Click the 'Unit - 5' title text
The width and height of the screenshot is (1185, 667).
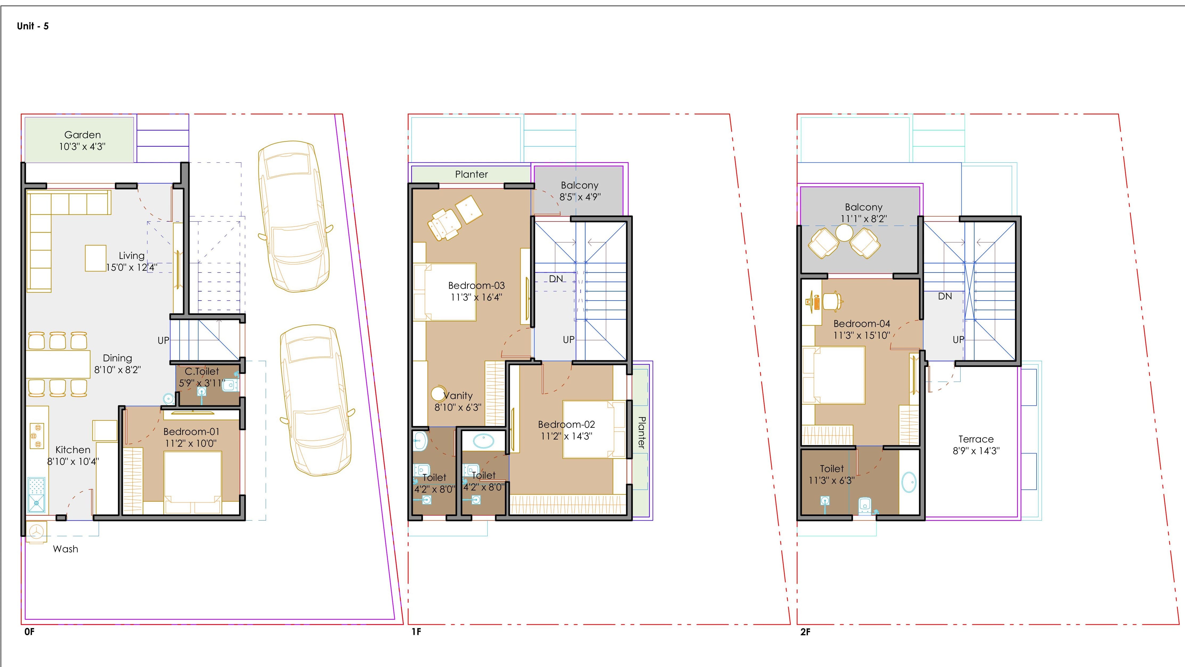[33, 26]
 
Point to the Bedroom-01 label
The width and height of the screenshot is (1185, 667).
[191, 432]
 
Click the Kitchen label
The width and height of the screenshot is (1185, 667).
[73, 450]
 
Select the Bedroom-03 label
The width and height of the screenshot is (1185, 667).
[476, 285]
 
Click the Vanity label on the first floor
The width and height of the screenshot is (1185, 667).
[458, 396]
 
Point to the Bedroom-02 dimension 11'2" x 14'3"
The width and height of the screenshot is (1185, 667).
[566, 436]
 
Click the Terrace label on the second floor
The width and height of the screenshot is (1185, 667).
[976, 439]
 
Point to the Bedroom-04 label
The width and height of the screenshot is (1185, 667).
[862, 323]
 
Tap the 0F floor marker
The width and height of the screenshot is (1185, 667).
[29, 632]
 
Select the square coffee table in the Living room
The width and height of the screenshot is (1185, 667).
[96, 258]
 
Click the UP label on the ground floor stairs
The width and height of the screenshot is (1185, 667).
[163, 340]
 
